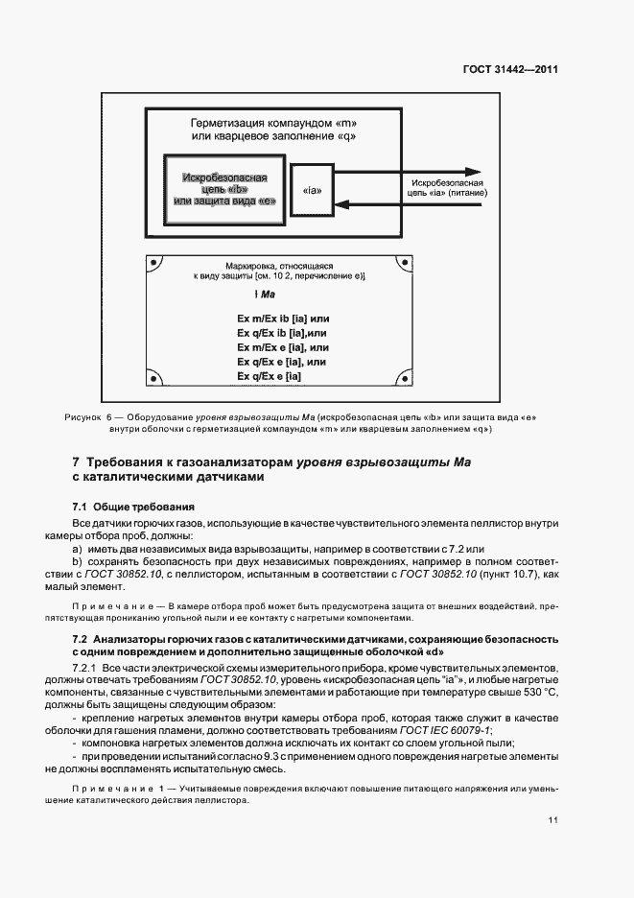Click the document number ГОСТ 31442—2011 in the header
point(512,69)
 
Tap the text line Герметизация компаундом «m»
point(273,124)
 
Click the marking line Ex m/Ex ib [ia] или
point(283,318)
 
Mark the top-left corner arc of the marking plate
point(153,262)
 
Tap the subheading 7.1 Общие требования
point(134,506)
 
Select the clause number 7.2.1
point(86,666)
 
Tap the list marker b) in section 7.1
point(78,560)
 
